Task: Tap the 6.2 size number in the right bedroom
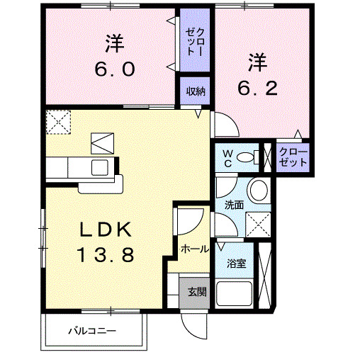(257, 89)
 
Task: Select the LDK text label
(105, 229)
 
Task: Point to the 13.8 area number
(106, 255)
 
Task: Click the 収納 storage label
(196, 90)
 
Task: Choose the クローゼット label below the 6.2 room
(293, 157)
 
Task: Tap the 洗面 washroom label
(234, 204)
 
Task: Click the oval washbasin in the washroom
(259, 191)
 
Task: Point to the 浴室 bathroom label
(235, 263)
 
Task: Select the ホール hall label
(194, 249)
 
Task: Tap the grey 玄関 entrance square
(194, 290)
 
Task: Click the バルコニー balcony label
(92, 331)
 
